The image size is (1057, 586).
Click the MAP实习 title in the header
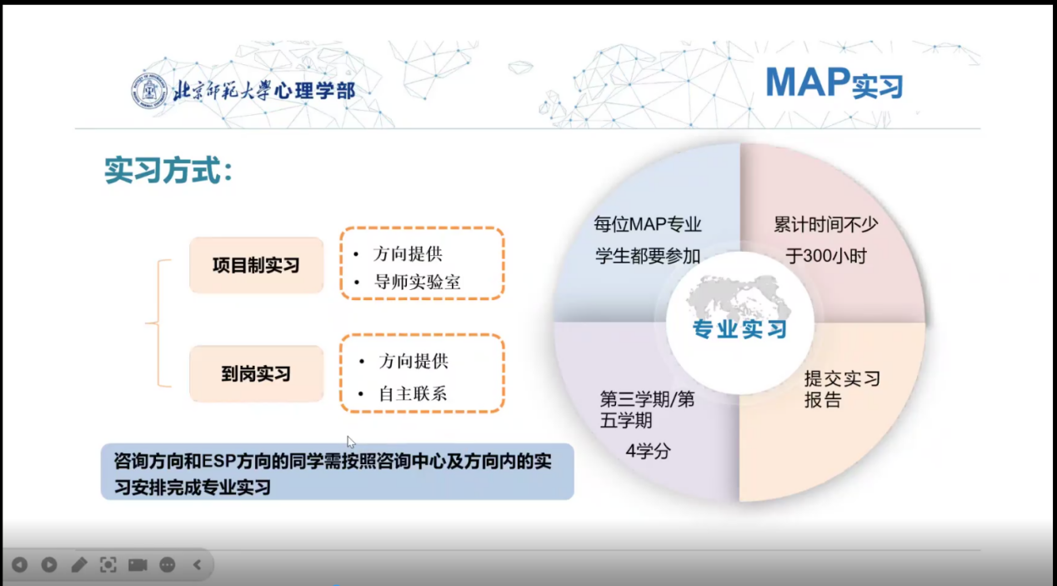pos(834,83)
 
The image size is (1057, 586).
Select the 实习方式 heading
pos(168,170)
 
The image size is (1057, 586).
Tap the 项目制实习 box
pos(256,265)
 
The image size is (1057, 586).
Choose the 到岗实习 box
pos(256,374)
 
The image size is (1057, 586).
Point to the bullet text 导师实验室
pos(418,283)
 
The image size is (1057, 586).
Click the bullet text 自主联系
pos(413,393)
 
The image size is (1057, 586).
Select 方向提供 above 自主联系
pos(413,361)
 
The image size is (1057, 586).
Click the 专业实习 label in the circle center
pos(740,329)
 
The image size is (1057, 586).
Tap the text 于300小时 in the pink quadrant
pos(825,256)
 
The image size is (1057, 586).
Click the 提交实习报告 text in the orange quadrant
pos(842,389)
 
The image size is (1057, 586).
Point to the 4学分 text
pos(648,452)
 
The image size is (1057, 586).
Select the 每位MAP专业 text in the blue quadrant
pos(648,224)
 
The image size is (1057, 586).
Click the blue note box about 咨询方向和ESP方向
pos(337,472)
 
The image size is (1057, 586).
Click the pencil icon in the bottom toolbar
pos(78,565)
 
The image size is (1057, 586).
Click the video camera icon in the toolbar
pos(138,565)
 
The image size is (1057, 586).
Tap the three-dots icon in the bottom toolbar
pos(168,565)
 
